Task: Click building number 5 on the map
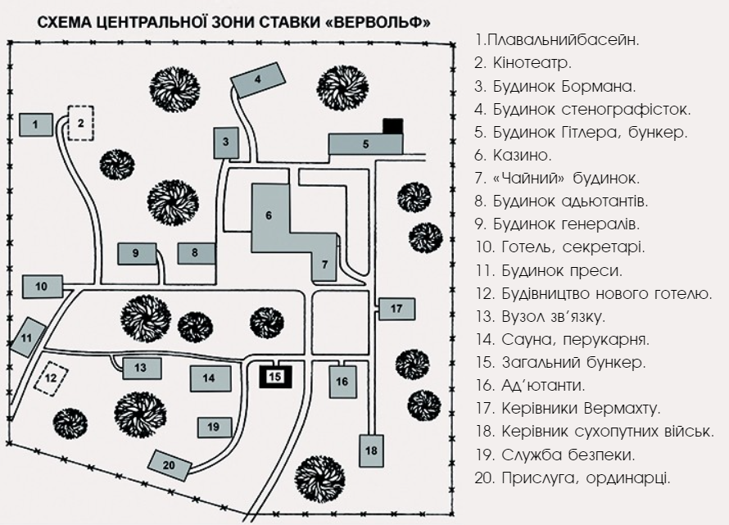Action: pos(365,143)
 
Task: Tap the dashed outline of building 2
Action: pos(80,124)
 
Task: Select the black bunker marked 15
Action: pos(276,376)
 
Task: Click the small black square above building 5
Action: pos(393,125)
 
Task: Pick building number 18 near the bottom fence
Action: pos(371,450)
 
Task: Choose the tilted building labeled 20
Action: pos(170,464)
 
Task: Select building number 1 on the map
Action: pos(35,124)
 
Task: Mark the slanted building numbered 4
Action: pos(258,79)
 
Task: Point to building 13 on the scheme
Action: pos(141,368)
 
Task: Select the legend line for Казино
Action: pos(513,154)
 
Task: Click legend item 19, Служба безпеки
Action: pos(555,453)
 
